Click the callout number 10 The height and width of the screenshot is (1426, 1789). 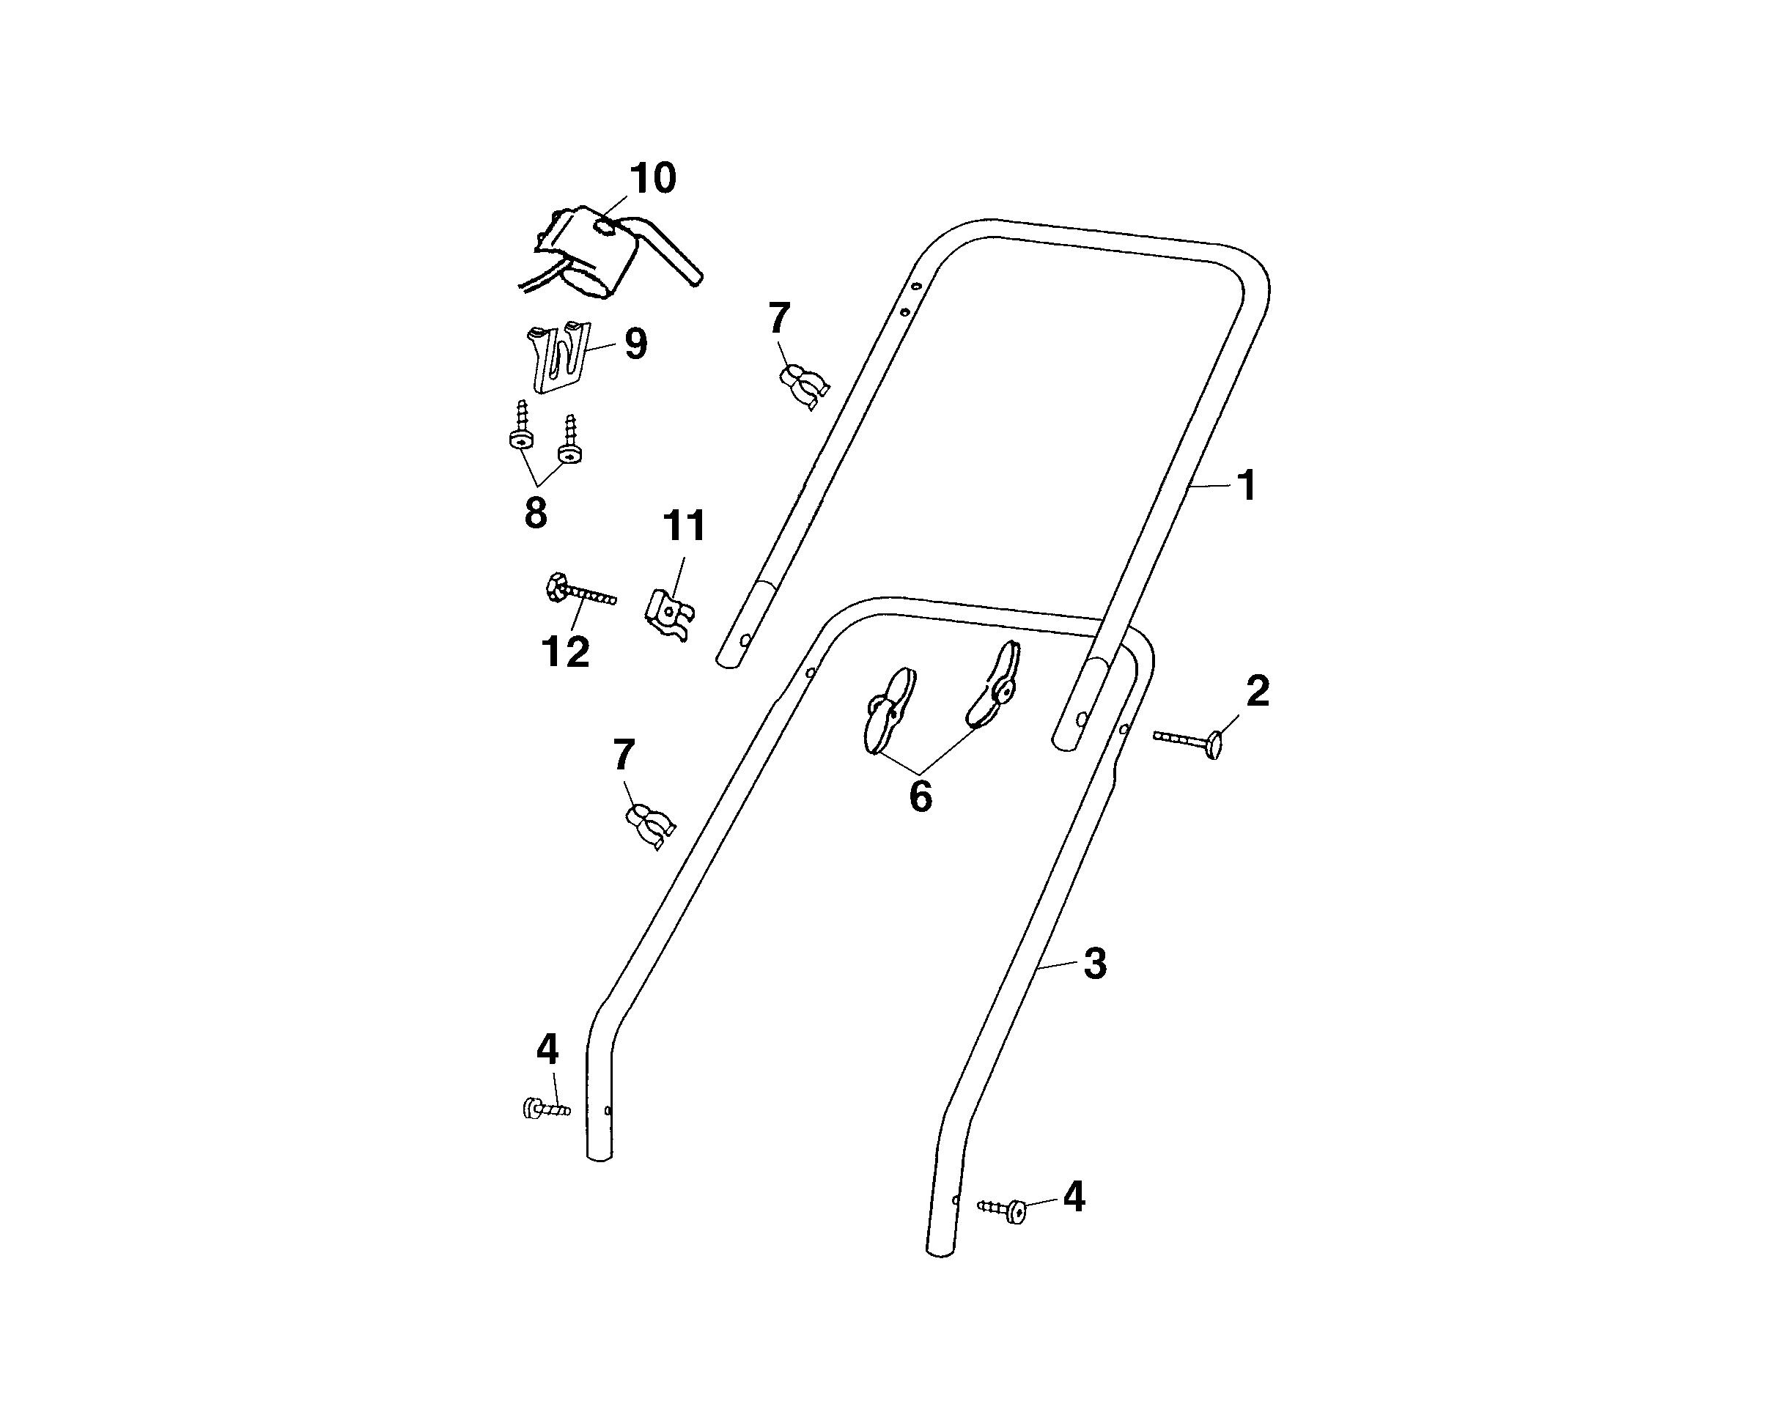pyautogui.click(x=653, y=178)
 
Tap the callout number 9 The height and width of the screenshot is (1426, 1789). pyautogui.click(x=635, y=344)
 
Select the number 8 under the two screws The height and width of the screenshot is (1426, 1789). pyautogui.click(x=536, y=514)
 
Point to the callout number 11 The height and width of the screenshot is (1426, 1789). pyautogui.click(x=684, y=526)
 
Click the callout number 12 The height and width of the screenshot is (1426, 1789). pyautogui.click(x=566, y=652)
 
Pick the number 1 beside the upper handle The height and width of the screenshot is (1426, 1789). pyautogui.click(x=1247, y=486)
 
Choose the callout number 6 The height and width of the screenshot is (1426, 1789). pyautogui.click(x=921, y=797)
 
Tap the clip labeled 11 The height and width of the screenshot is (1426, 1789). pyautogui.click(x=669, y=614)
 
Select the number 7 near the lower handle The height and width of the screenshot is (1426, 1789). pyautogui.click(x=624, y=756)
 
